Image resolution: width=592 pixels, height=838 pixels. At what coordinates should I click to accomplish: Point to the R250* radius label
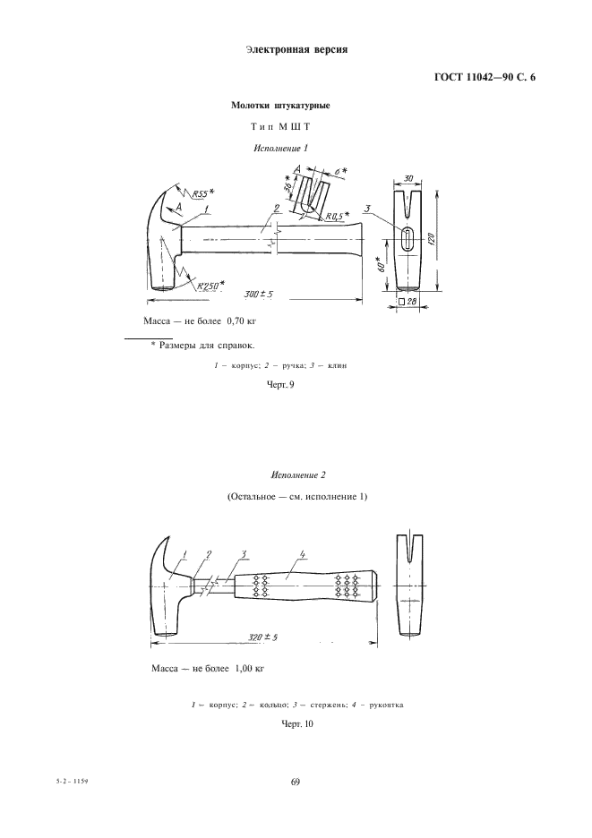pyautogui.click(x=211, y=286)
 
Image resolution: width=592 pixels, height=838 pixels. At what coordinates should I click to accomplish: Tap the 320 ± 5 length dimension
pyautogui.click(x=263, y=637)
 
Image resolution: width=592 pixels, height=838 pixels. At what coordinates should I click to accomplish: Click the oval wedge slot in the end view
pyautogui.click(x=407, y=240)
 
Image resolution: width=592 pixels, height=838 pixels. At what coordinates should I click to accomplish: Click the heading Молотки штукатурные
pyautogui.click(x=280, y=106)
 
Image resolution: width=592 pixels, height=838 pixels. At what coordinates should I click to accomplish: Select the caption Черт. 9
pyautogui.click(x=281, y=385)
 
